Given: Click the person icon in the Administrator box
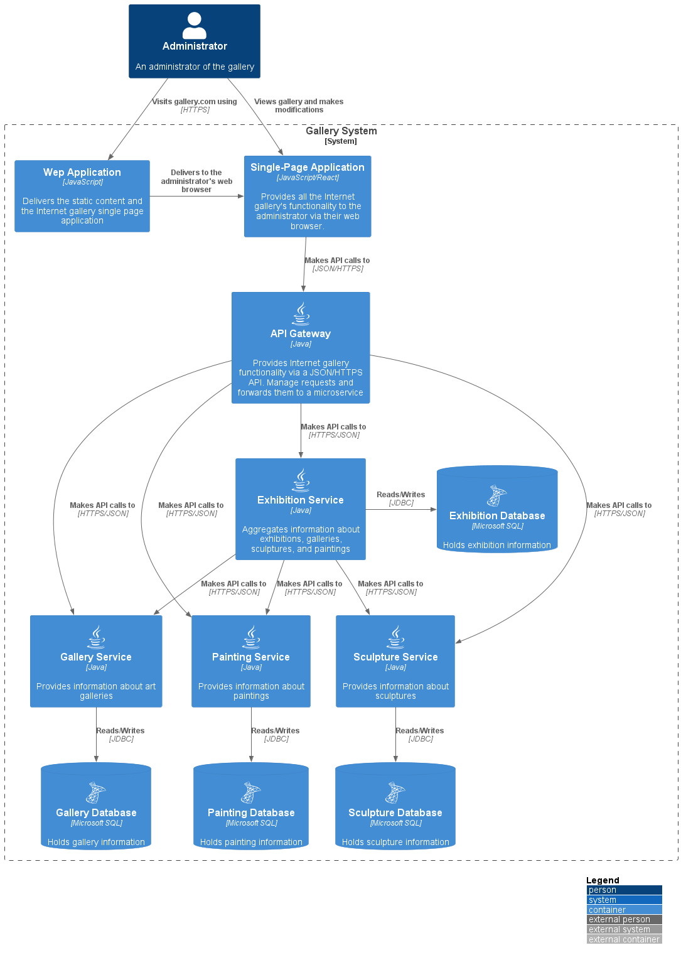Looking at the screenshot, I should coord(195,26).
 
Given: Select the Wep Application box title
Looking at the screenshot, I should coord(82,172).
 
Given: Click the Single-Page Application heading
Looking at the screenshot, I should coord(308,167).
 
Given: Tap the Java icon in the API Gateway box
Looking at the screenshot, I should coord(301,314).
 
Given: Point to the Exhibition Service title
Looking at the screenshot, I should coord(301,500).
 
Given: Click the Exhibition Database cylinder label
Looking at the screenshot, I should coord(497,515).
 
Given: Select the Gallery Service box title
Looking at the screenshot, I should coord(96,657).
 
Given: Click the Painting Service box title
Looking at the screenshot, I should coord(251,657).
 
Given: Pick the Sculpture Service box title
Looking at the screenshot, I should coord(395,657).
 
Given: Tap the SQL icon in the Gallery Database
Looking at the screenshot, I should coord(96,793).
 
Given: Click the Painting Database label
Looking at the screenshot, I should coord(251,812).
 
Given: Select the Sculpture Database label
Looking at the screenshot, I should coord(395,812).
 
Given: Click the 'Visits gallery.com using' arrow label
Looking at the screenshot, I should coord(195,102).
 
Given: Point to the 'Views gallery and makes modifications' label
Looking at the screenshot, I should coord(299,105).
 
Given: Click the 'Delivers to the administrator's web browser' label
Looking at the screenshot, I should coord(196,181).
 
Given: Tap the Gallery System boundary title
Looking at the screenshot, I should coord(341,131).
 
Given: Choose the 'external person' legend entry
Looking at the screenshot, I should coord(624,919).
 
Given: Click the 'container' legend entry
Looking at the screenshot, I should coord(624,910).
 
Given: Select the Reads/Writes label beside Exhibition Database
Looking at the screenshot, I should coord(400,495).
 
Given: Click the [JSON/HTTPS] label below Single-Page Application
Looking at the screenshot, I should coord(338,269).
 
